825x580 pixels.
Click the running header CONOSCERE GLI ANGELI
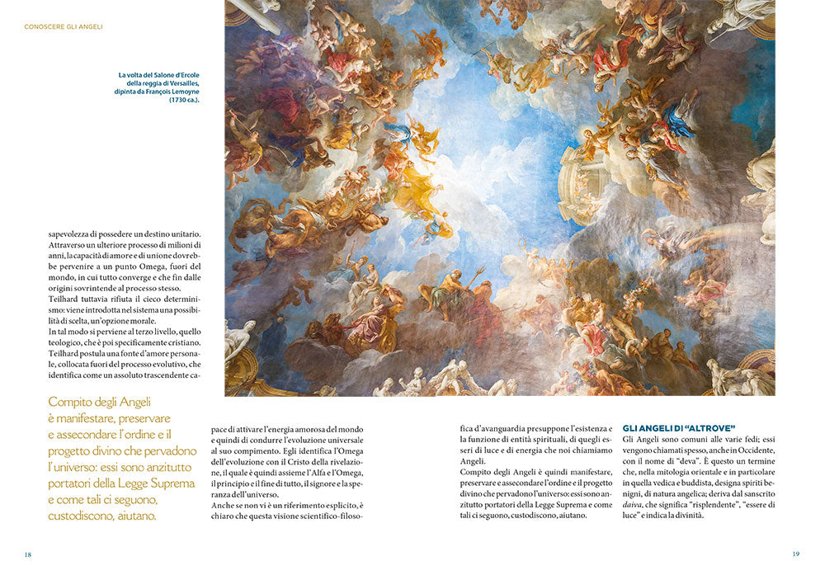pos(64,26)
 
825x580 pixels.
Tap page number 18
pos(27,554)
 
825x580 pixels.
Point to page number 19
pos(795,554)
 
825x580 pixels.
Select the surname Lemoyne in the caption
pos(181,92)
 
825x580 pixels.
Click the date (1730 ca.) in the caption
pos(184,100)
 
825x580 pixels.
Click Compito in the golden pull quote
pos(71,402)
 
